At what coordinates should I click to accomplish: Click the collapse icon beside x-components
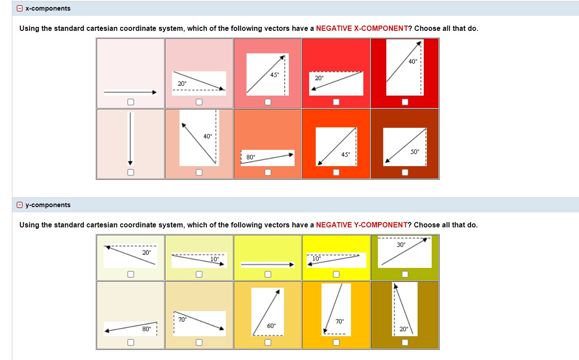19,8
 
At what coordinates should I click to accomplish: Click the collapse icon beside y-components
19,205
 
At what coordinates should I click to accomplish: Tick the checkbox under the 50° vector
405,172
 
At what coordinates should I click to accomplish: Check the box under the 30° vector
405,275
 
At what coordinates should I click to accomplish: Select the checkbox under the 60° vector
268,342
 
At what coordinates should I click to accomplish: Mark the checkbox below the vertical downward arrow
131,172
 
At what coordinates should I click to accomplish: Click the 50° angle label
415,152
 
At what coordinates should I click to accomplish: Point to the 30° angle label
401,245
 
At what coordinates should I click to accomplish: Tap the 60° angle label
271,326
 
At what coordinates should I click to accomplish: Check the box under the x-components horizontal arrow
131,102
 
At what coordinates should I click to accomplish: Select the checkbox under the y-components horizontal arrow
268,275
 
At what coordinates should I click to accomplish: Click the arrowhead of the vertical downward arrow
130,163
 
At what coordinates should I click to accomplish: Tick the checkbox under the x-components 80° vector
268,172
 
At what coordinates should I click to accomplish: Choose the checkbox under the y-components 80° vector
131,342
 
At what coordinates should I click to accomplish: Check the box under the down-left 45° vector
336,172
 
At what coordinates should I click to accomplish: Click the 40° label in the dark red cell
412,61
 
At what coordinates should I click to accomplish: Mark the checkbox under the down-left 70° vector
336,342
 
